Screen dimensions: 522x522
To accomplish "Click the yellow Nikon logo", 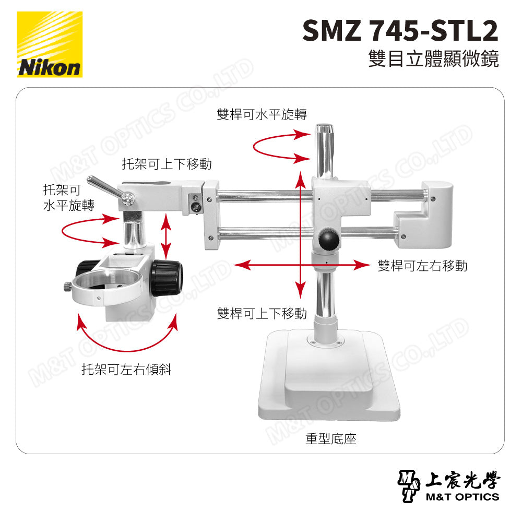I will pyautogui.click(x=50, y=44).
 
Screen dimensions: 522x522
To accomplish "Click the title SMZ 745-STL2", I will pyautogui.click(x=400, y=31).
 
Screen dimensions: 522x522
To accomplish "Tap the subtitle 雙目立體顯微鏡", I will pyautogui.click(x=433, y=59).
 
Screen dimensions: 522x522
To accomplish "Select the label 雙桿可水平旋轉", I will pyautogui.click(x=261, y=114).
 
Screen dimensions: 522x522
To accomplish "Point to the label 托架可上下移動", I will pyautogui.click(x=167, y=164).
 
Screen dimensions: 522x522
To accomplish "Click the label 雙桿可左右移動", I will pyautogui.click(x=422, y=266).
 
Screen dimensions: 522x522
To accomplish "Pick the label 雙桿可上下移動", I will pyautogui.click(x=262, y=313).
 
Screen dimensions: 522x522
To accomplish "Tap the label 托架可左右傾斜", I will pyautogui.click(x=126, y=370).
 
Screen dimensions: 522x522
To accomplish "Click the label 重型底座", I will pyautogui.click(x=330, y=440).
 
